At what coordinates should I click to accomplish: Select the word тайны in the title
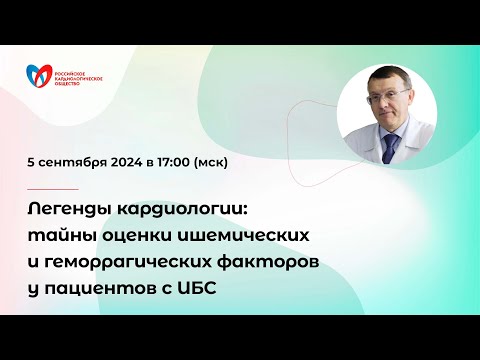click(61, 234)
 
